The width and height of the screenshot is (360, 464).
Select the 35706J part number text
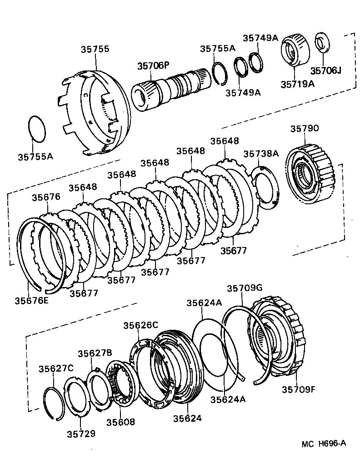tap(325, 71)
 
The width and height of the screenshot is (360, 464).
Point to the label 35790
tap(304, 129)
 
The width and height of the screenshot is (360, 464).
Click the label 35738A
tap(260, 154)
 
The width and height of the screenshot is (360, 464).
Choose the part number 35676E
tap(31, 301)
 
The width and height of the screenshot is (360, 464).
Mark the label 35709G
tap(245, 288)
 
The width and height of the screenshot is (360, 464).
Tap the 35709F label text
tap(298, 389)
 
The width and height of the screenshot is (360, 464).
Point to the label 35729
tap(81, 434)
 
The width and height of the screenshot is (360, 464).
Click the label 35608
tap(120, 422)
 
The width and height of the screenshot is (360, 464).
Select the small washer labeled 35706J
tap(323, 44)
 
